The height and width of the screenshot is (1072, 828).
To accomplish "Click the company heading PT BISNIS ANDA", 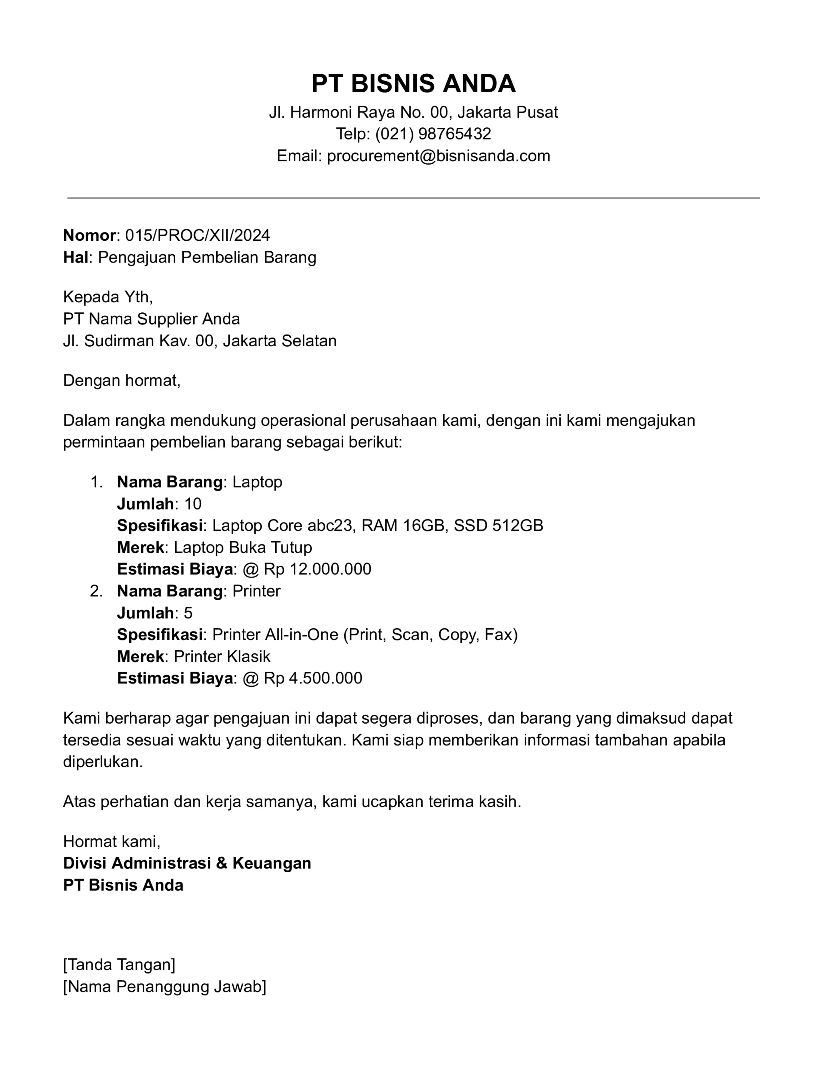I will (x=413, y=83).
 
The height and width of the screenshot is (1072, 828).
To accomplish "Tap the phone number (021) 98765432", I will (x=433, y=134).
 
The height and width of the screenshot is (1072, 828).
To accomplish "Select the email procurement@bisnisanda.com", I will (x=438, y=156).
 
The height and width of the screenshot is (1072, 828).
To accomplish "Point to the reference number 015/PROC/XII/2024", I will (x=197, y=236).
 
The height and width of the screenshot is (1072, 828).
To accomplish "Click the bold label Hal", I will (x=76, y=258).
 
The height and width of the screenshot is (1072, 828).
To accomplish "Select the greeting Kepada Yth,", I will (x=108, y=297).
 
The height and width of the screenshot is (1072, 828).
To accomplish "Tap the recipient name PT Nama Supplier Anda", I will (x=151, y=319).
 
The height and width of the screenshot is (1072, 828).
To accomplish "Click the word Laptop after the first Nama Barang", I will (x=257, y=482).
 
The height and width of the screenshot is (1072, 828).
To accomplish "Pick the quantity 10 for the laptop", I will (x=193, y=504).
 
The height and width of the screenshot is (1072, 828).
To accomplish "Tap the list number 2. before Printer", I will (x=96, y=591).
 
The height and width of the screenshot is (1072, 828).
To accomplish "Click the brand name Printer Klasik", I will (x=222, y=657).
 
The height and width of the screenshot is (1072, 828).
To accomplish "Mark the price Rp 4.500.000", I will (x=313, y=678).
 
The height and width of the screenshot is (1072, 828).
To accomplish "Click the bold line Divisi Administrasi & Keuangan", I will (x=187, y=863).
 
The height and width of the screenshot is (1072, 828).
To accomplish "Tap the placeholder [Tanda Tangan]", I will (x=119, y=964).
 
